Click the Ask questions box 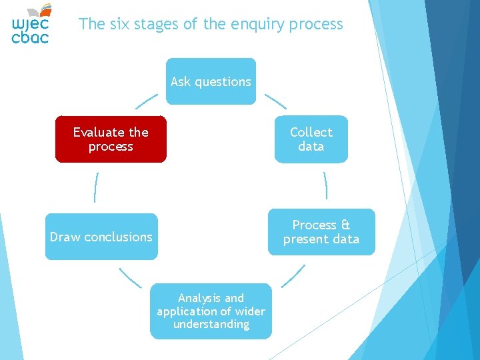pos(211,81)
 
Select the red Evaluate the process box pos(111,139)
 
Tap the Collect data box pos(311,139)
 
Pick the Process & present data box pos(321,232)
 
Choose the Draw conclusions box pos(101,237)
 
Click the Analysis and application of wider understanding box pos(211,311)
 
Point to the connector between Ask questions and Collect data pos(275,101)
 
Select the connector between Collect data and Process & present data pos(325,185)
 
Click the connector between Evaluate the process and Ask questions pos(147,101)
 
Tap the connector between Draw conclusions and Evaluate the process pos(97,187)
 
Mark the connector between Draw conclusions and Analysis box pos(130,277)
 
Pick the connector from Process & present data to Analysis pos(293,276)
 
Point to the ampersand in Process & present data pos(345,225)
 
